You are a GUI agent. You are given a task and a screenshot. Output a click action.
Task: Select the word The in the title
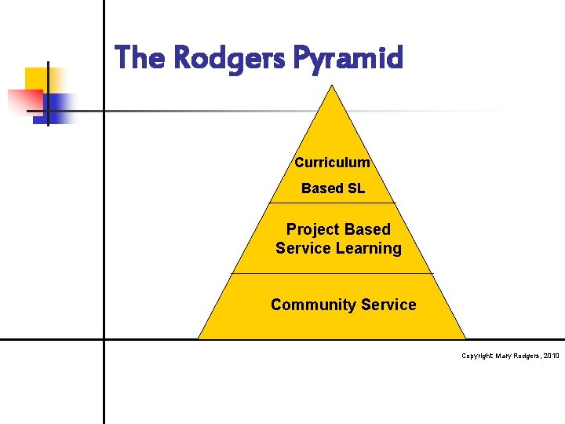tap(140, 57)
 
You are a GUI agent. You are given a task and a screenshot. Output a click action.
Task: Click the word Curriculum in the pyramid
tap(332, 163)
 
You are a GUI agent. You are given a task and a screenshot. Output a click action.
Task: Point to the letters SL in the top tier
tap(355, 188)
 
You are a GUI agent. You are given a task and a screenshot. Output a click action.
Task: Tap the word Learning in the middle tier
tap(369, 249)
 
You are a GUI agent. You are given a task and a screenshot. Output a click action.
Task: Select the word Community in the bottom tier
tap(308, 305)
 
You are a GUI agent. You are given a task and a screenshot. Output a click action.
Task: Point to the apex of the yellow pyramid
tap(333, 86)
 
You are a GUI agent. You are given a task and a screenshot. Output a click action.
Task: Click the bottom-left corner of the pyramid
tap(199, 338)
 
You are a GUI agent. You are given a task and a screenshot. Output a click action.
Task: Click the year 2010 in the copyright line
tap(550, 356)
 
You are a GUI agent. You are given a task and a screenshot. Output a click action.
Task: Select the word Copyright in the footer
tap(476, 356)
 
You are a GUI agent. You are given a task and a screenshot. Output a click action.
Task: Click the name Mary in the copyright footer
tap(502, 356)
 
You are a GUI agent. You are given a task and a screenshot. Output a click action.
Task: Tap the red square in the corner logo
tap(24, 101)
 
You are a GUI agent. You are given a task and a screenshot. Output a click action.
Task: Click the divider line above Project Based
tap(333, 203)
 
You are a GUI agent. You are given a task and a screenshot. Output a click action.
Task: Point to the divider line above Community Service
tap(333, 273)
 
